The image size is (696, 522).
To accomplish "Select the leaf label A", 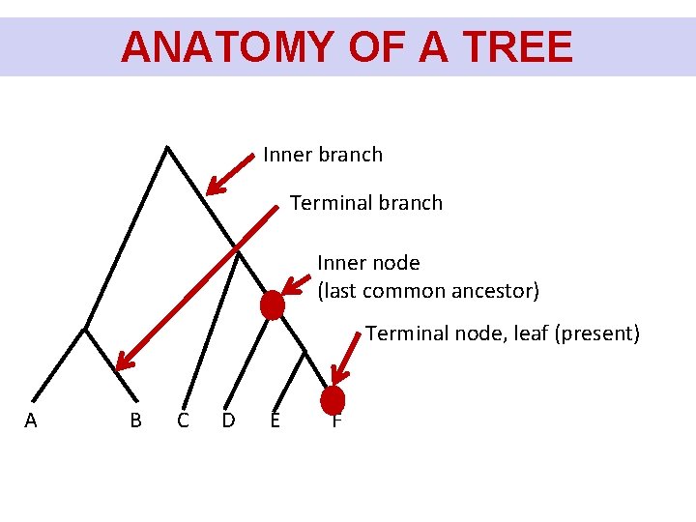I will tap(31, 420).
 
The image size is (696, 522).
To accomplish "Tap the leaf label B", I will tap(135, 420).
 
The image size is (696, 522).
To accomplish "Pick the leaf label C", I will tap(183, 420).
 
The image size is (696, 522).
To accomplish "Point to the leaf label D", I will tap(228, 420).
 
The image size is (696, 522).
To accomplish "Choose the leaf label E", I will tap(275, 420).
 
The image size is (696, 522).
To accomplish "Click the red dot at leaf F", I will tap(333, 399).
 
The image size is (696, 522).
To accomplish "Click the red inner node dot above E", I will tap(273, 305).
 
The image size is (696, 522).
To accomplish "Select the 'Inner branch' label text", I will tap(323, 155).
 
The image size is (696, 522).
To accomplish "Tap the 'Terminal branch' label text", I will tap(366, 203).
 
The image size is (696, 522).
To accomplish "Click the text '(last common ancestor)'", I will tap(428, 291).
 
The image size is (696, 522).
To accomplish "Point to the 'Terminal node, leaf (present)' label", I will tap(503, 333).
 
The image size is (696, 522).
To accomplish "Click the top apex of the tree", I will tap(167, 147).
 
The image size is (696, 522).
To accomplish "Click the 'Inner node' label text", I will tap(368, 263).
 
